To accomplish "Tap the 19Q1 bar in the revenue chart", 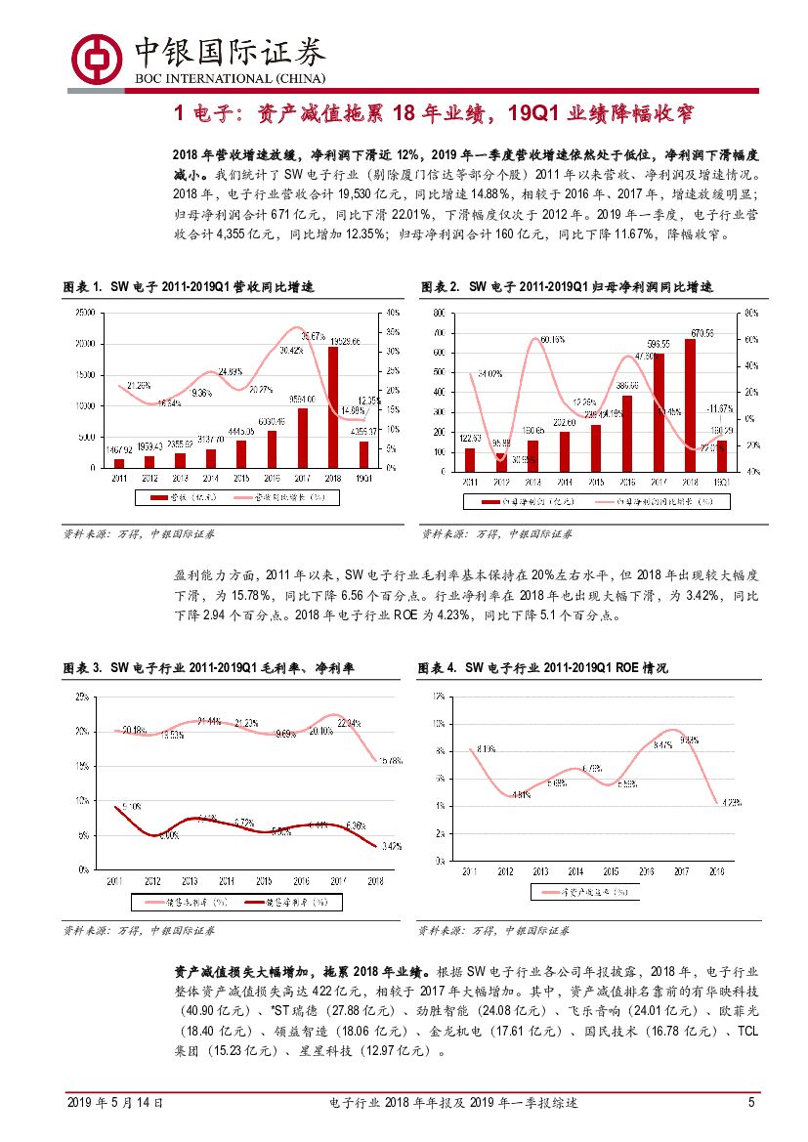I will click(363, 454).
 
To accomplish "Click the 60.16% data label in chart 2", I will click(551, 340).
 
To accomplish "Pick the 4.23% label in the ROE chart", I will click(730, 802).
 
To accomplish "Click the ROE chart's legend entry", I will click(585, 892).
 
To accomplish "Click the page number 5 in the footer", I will click(751, 1103).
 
